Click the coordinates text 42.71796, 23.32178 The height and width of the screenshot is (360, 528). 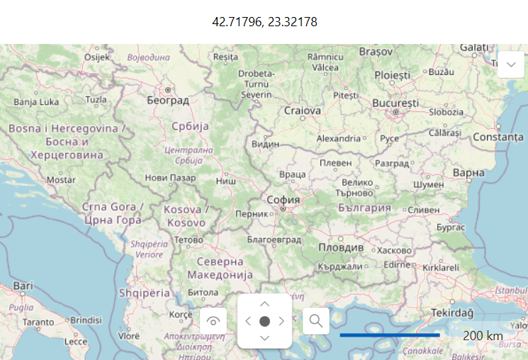tap(264, 22)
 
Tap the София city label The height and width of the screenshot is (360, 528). tap(283, 200)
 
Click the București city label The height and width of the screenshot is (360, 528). tap(395, 103)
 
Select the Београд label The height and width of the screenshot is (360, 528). tap(168, 101)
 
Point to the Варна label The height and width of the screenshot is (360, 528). tap(468, 172)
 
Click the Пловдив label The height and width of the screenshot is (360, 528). tap(340, 248)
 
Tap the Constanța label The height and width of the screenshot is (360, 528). tap(498, 137)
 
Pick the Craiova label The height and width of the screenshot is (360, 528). tap(303, 111)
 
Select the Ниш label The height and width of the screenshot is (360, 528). tap(225, 181)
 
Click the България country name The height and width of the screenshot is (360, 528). tap(364, 208)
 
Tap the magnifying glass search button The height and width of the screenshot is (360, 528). tap(315, 321)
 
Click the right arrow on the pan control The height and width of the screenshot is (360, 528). tap(281, 321)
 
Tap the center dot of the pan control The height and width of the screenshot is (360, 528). tap(264, 321)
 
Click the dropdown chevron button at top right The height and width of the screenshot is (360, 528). tap(511, 64)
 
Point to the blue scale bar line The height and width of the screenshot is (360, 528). tap(390, 334)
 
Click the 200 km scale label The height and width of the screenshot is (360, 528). tap(483, 335)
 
